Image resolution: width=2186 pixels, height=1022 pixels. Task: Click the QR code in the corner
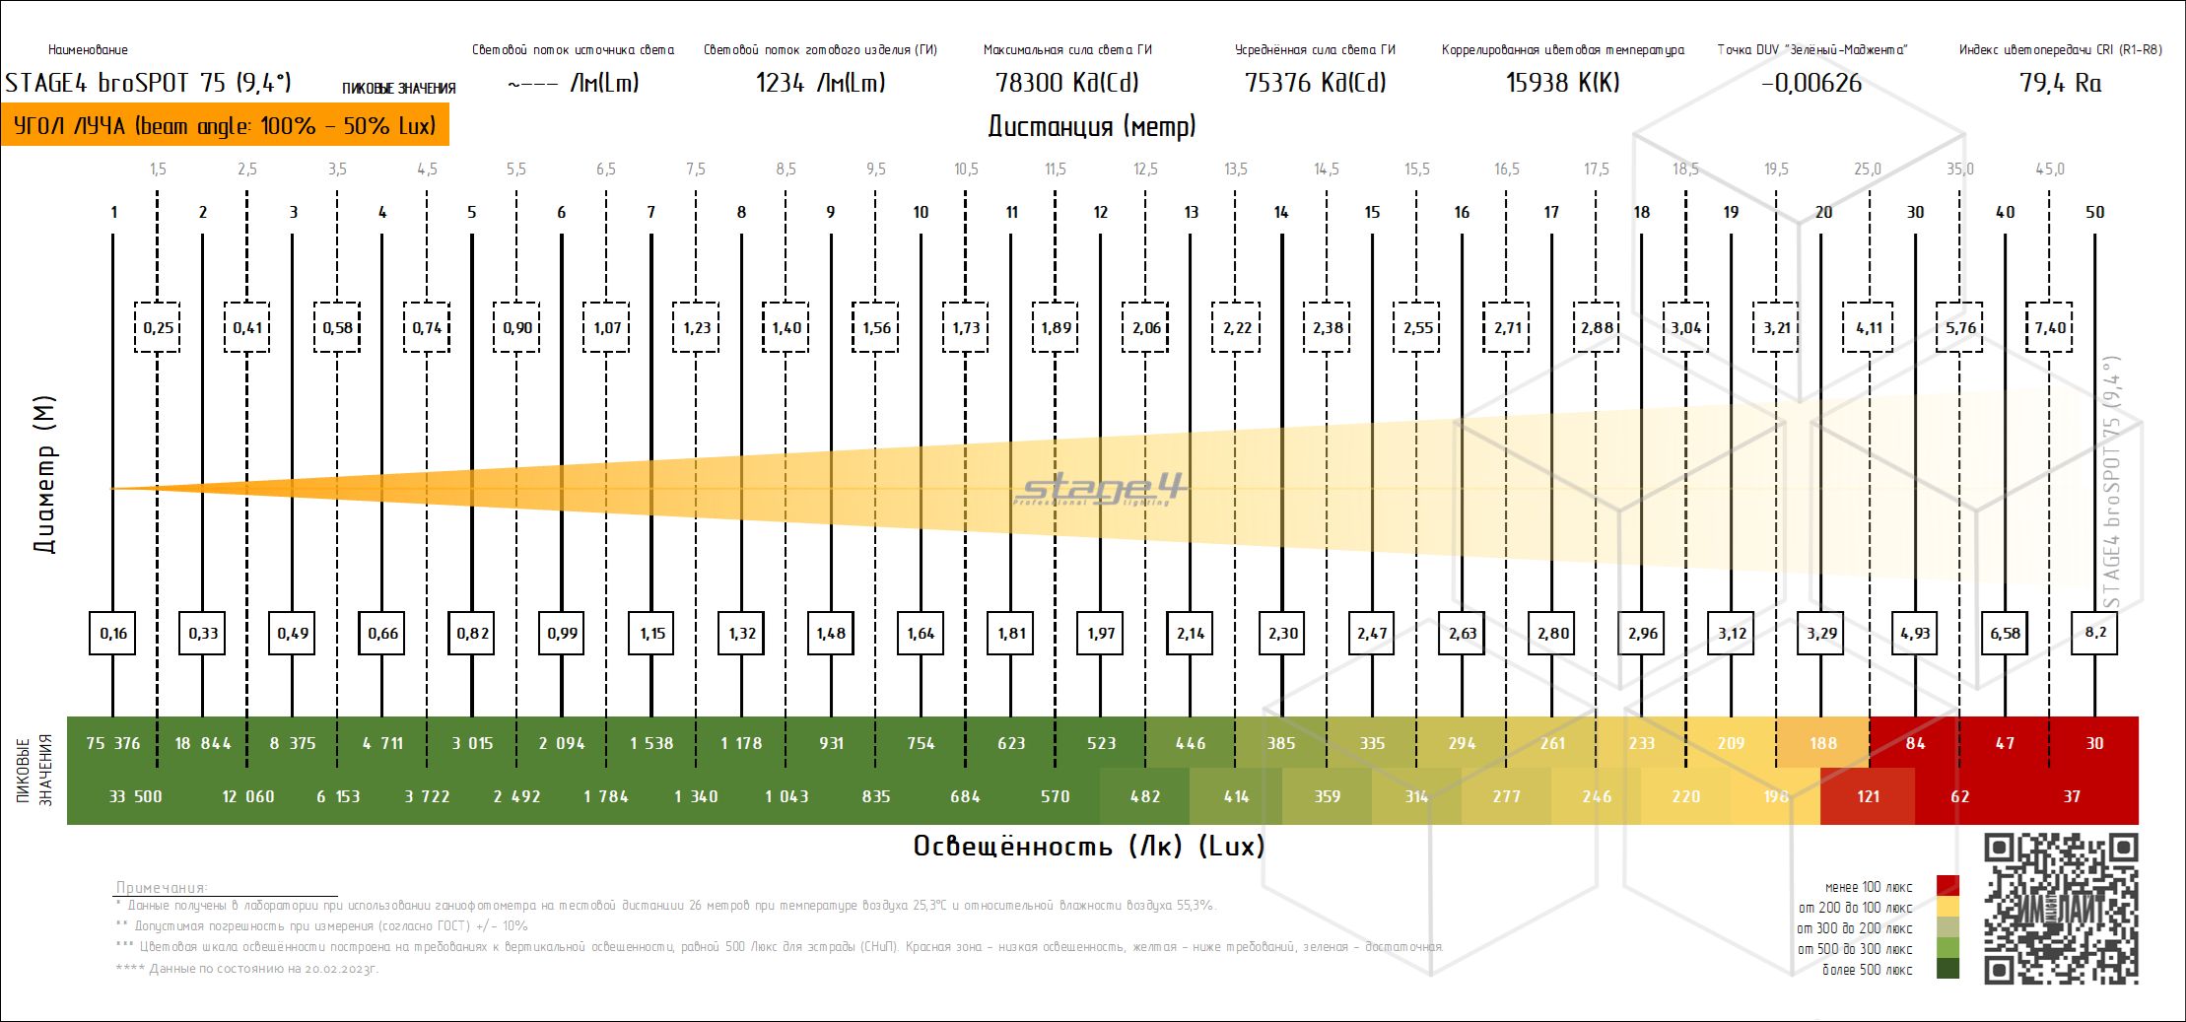2061,908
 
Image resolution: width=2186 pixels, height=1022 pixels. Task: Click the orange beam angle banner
225,126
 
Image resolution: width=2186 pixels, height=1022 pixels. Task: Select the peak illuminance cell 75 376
112,743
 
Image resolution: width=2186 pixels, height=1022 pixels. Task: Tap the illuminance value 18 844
203,743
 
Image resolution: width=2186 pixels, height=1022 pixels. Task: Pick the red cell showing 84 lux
1915,743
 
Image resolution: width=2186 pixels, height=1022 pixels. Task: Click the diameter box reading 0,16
113,633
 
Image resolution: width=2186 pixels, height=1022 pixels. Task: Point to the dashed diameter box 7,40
2050,328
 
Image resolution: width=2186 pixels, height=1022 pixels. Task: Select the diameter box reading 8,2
2095,633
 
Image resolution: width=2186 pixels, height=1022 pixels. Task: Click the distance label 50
2095,212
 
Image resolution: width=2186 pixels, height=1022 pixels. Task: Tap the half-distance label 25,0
1868,170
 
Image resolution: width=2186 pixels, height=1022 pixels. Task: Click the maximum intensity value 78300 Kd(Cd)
1068,83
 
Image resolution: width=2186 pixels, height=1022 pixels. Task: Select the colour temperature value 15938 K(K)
1562,83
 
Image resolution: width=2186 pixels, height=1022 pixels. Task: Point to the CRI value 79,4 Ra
2060,83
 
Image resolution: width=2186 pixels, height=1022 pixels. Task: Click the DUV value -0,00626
1811,83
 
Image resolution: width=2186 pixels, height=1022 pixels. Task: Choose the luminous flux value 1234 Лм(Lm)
820,83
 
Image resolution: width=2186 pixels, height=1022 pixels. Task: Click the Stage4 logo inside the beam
1101,490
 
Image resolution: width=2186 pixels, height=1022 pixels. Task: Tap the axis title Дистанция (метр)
1092,126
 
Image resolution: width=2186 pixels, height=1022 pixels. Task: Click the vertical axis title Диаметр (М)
45,475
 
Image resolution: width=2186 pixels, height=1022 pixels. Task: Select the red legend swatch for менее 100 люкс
1947,886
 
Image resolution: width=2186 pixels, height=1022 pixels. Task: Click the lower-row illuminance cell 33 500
135,796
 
